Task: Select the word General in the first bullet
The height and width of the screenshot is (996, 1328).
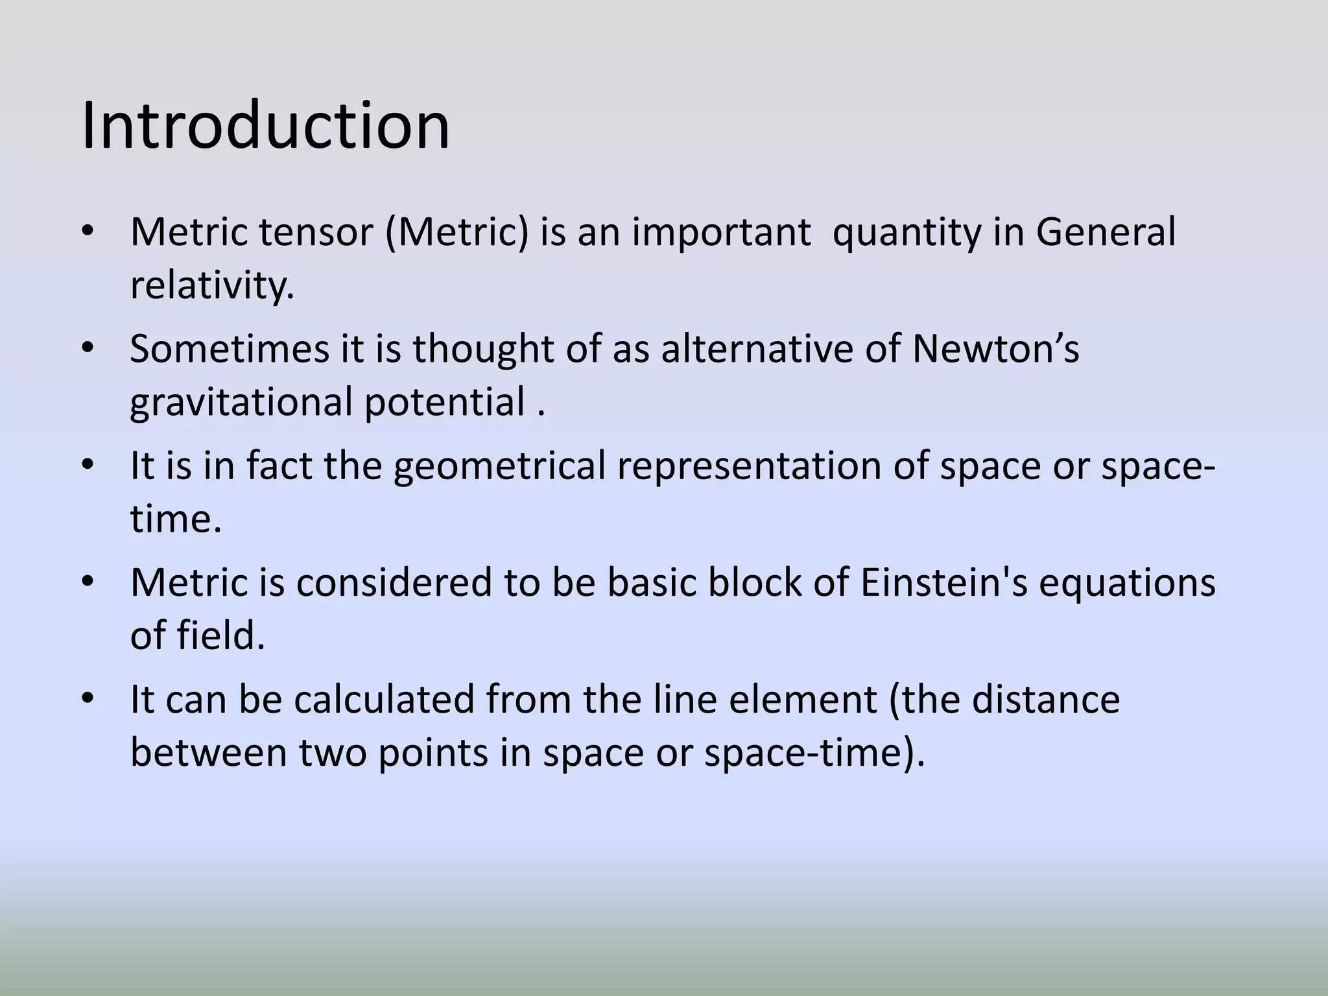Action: [1106, 232]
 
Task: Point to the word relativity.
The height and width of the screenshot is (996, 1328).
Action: [212, 285]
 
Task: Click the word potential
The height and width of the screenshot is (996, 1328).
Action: [444, 402]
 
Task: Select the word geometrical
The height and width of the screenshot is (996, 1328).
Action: [499, 466]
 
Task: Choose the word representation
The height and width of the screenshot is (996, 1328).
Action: [749, 466]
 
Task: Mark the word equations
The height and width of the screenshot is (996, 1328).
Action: [1127, 582]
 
